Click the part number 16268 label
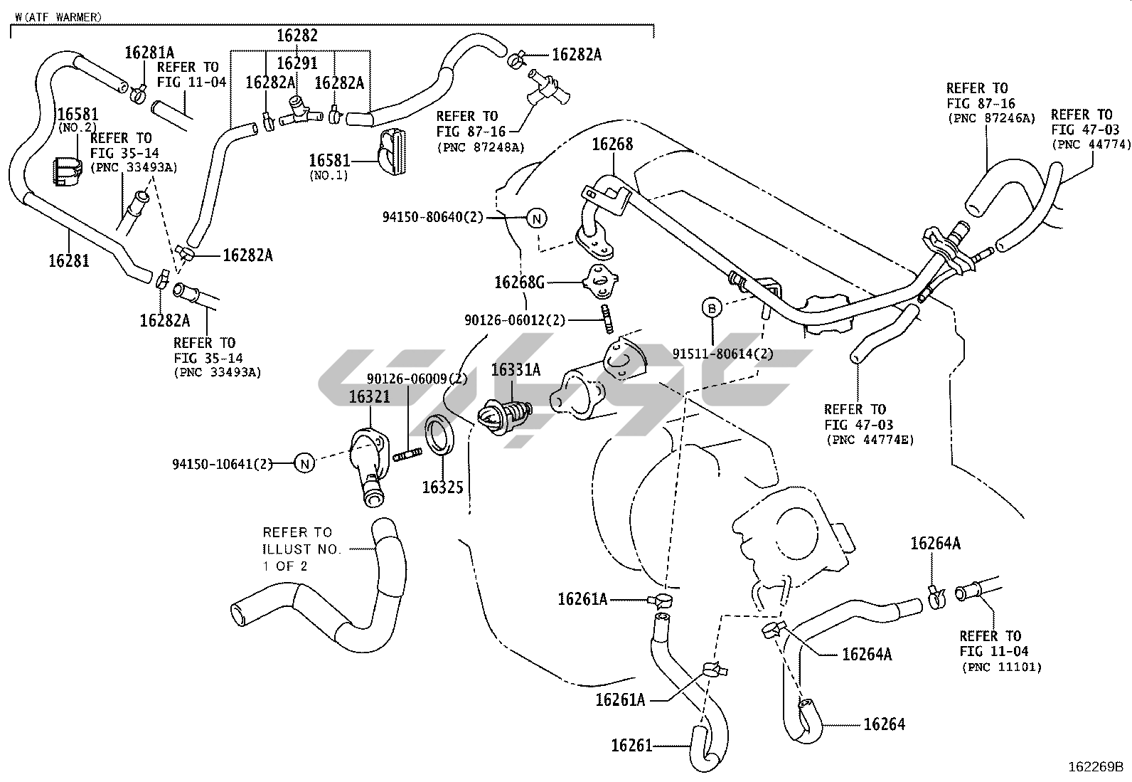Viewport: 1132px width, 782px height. (x=612, y=144)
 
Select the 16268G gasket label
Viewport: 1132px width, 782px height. (x=519, y=282)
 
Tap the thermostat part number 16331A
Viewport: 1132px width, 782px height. (x=516, y=369)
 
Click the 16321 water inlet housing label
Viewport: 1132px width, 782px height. (x=369, y=396)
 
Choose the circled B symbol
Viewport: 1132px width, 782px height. (x=711, y=307)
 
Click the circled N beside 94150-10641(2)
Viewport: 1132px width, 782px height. (x=304, y=464)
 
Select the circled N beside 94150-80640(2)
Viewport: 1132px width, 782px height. (x=537, y=218)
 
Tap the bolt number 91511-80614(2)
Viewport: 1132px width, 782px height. (x=723, y=354)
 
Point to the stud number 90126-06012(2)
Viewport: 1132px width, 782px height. (x=515, y=320)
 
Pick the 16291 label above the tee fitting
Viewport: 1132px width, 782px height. (x=297, y=63)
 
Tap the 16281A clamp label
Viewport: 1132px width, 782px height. (x=149, y=52)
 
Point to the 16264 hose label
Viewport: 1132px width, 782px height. (x=885, y=724)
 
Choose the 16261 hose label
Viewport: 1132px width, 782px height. (x=631, y=746)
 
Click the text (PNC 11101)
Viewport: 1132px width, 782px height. (x=1002, y=667)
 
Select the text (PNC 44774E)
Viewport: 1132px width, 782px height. (x=870, y=440)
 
